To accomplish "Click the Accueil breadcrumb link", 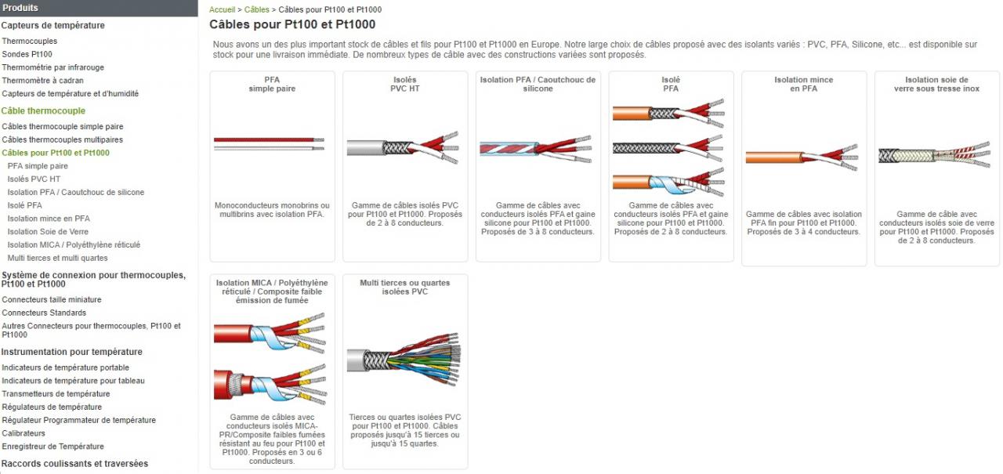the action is pyautogui.click(x=222, y=9).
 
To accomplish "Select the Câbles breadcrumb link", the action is pyautogui.click(x=256, y=9).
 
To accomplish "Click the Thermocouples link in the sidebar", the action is pyautogui.click(x=29, y=41).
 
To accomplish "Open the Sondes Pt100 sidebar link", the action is pyautogui.click(x=27, y=54).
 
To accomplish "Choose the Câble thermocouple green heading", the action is pyautogui.click(x=43, y=110).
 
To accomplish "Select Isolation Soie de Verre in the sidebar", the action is pyautogui.click(x=48, y=232).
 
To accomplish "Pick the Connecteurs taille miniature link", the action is pyautogui.click(x=52, y=299).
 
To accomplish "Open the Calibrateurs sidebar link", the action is pyautogui.click(x=24, y=433).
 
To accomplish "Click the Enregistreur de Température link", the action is pyautogui.click(x=53, y=447).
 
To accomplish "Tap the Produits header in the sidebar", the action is pyautogui.click(x=20, y=8).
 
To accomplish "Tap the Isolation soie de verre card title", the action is pyautogui.click(x=936, y=84).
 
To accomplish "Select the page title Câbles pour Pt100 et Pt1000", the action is pyautogui.click(x=292, y=24).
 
